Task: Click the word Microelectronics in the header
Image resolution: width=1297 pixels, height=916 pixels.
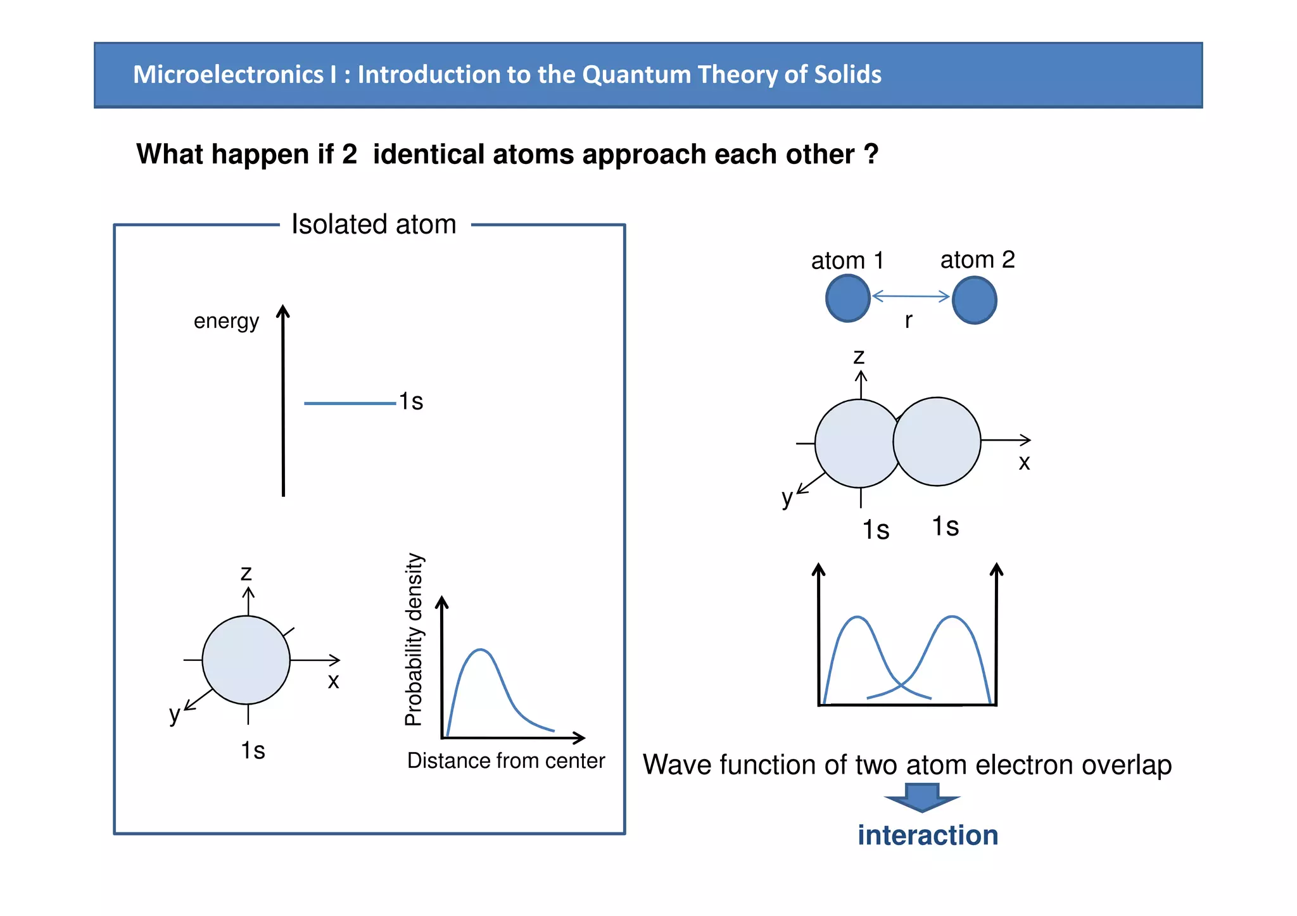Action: [228, 75]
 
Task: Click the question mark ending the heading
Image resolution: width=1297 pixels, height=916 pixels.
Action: [871, 154]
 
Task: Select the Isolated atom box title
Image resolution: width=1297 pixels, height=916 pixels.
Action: [374, 224]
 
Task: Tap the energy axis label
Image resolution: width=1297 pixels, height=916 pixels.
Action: [226, 321]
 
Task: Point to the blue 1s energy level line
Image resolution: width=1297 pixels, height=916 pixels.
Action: [350, 403]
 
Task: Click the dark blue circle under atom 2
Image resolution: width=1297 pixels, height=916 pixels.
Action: [975, 301]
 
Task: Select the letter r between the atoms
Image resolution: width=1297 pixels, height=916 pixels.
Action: [908, 320]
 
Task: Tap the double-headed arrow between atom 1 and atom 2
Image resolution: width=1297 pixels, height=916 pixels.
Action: [911, 296]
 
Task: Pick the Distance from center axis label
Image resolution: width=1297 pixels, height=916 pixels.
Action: [506, 760]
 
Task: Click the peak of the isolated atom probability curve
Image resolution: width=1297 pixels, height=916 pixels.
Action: [481, 650]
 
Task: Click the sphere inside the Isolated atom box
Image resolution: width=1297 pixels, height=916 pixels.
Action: [246, 660]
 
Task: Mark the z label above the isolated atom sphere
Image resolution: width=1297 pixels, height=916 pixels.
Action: [246, 573]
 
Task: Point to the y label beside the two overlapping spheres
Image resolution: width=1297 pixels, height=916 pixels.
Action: [787, 498]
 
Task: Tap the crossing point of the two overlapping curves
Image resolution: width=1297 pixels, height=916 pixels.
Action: [900, 686]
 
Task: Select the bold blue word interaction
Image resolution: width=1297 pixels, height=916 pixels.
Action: [928, 835]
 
